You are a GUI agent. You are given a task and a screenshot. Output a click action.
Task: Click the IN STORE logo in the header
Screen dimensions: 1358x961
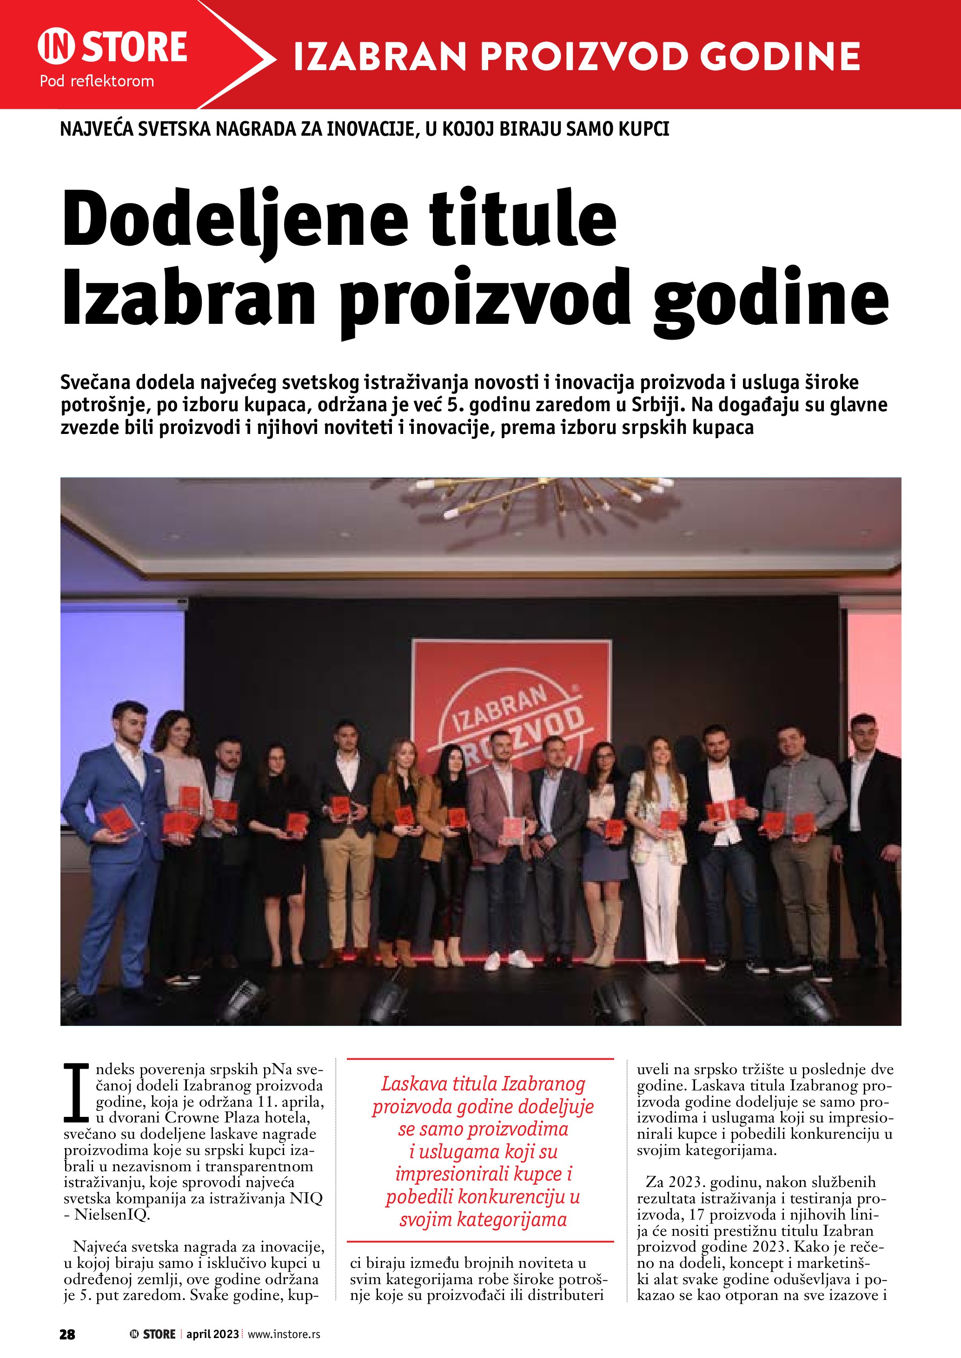tap(113, 47)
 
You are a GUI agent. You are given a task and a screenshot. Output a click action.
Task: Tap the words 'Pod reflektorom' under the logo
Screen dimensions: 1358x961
tap(96, 81)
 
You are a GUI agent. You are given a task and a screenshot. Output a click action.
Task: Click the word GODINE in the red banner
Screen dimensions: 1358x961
tap(779, 57)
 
